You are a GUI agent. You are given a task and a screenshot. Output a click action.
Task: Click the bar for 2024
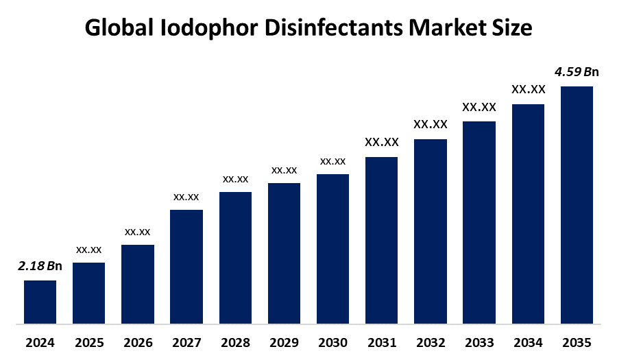point(40,302)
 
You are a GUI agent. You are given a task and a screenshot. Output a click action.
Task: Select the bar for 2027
point(186,266)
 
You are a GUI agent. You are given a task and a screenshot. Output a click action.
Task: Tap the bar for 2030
point(332,248)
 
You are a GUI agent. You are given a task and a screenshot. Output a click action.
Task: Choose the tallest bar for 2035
point(577,204)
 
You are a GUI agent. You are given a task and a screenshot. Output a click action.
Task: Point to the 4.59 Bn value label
point(577,72)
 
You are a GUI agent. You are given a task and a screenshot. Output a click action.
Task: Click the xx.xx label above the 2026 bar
point(137,232)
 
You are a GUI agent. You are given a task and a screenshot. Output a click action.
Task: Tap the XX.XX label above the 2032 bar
point(431,125)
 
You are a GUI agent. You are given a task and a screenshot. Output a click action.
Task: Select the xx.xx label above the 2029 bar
point(284,170)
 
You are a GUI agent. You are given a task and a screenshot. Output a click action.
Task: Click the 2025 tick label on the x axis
point(88,342)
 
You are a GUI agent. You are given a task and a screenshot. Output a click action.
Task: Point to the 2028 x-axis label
point(235,342)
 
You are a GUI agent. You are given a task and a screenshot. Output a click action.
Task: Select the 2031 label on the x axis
point(381,342)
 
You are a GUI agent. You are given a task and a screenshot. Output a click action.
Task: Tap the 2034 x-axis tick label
point(528,342)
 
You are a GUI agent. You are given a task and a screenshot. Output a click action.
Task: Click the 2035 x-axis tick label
point(577,342)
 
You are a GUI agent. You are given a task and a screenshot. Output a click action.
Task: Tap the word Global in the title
point(120,28)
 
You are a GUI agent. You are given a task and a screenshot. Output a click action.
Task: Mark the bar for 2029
point(284,253)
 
